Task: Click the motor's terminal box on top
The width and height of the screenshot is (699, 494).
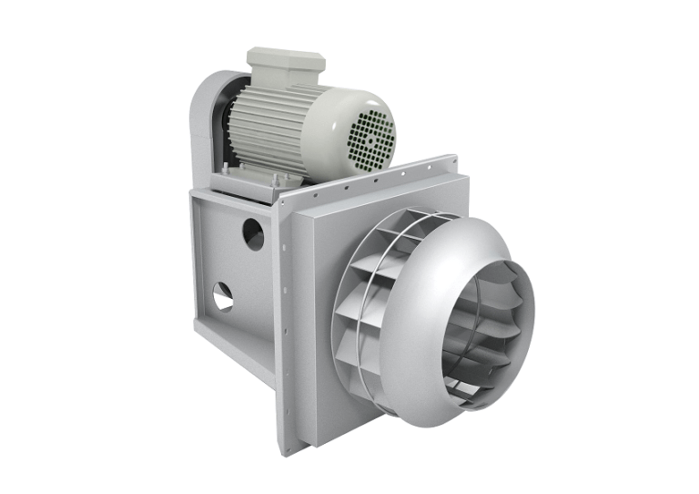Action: [x=285, y=61]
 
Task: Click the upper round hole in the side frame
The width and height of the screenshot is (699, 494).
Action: [x=253, y=235]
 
